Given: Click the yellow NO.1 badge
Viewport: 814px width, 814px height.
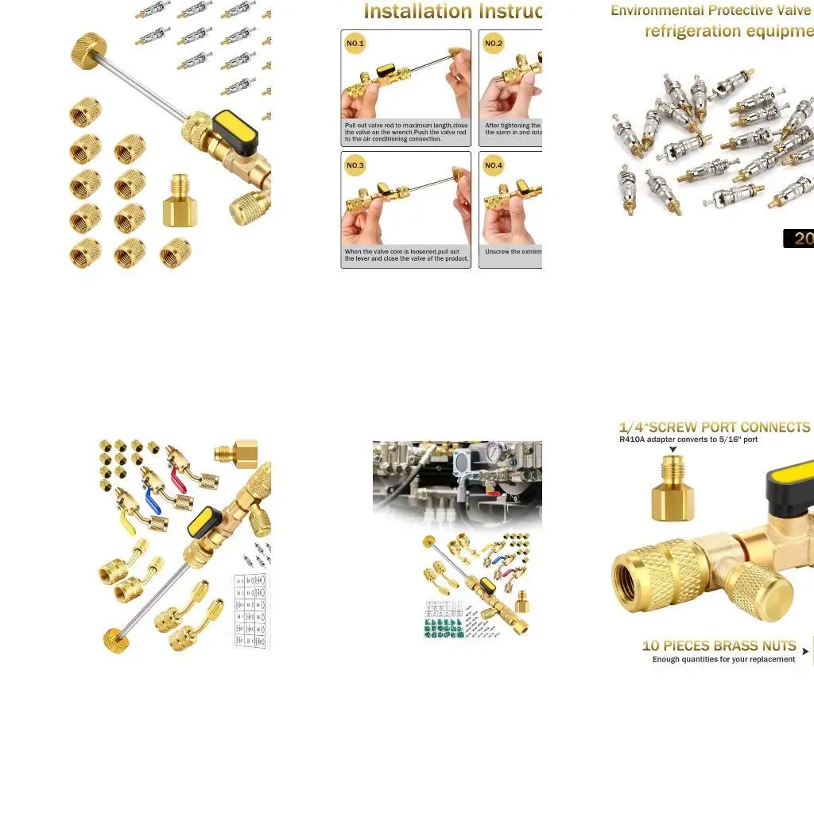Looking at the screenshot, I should click(355, 44).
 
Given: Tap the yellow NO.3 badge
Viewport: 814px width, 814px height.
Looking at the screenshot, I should click(355, 165).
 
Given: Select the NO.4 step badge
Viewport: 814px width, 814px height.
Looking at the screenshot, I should click(494, 165).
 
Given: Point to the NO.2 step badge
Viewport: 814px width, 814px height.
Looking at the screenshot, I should click(494, 44).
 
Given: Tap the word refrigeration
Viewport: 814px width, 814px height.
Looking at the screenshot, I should click(692, 32).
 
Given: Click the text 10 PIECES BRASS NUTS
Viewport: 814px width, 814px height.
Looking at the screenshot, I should click(719, 646).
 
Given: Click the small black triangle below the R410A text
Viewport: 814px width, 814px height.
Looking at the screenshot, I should click(673, 451).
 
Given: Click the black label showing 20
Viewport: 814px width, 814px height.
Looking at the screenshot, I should click(799, 238).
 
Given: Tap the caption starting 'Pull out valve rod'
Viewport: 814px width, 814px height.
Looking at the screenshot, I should click(405, 132).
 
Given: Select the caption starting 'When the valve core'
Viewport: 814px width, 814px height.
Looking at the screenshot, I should click(405, 255).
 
